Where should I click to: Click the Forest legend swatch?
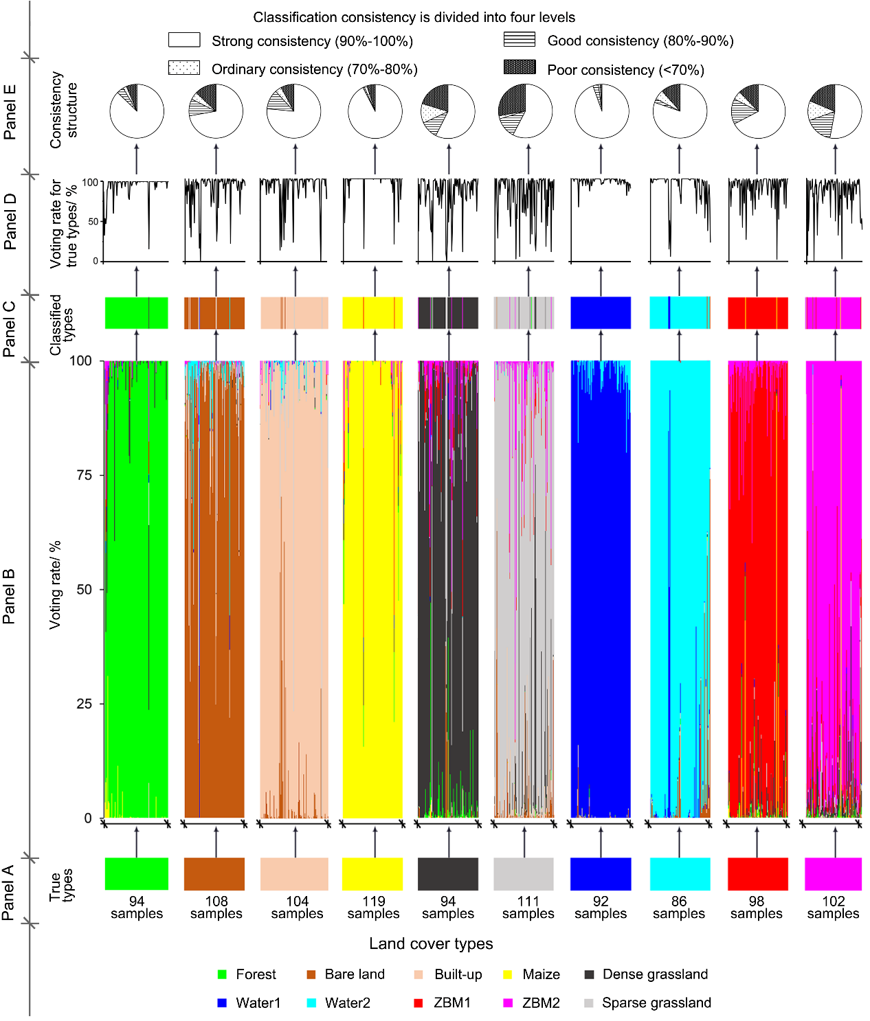click(x=222, y=974)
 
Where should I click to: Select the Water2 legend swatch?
click(x=311, y=1002)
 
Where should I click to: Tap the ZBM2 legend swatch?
click(x=508, y=1002)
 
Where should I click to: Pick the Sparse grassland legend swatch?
click(x=588, y=1002)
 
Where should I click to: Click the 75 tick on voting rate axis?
click(x=84, y=475)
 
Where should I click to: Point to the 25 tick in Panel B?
click(x=84, y=704)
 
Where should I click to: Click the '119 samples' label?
click(x=373, y=907)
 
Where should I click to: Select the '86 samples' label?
click(x=679, y=907)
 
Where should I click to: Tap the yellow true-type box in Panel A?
click(x=372, y=874)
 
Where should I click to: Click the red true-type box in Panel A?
click(x=758, y=874)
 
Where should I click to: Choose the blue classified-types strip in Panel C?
click(x=601, y=313)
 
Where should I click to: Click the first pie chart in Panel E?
click(x=137, y=111)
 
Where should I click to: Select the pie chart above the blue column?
click(x=601, y=111)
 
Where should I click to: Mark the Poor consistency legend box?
click(x=520, y=67)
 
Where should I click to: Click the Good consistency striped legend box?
click(x=520, y=39)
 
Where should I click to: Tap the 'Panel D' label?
click(x=10, y=221)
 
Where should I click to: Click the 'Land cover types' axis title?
click(x=431, y=943)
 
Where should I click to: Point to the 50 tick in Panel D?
click(x=93, y=222)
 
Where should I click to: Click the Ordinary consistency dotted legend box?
click(x=184, y=67)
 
